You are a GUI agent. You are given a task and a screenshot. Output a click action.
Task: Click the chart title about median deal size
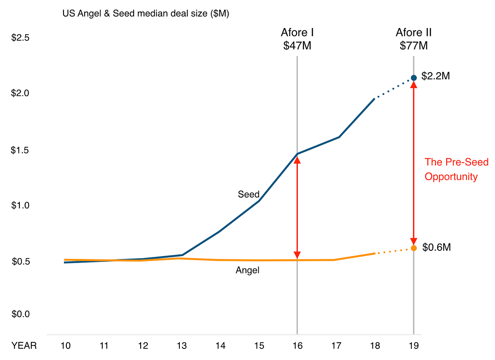[146, 14]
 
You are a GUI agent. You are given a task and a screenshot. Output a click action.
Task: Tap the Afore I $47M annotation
[297, 39]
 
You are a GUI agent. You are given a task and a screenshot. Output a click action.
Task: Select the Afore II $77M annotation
[413, 39]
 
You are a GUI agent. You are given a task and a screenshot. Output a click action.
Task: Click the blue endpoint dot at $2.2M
[413, 78]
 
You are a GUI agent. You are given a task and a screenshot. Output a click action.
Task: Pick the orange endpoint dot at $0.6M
[413, 248]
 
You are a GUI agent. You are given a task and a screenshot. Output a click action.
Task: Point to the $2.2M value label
[436, 77]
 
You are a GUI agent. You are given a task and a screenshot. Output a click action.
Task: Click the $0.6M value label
[436, 247]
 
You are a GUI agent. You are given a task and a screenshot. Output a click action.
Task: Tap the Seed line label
[248, 194]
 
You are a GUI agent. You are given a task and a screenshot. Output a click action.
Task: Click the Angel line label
[247, 271]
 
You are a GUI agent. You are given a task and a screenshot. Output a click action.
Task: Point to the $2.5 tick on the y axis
[20, 38]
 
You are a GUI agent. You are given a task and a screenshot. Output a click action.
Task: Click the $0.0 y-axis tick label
[20, 314]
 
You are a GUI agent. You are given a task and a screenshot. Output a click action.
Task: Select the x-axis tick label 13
[181, 346]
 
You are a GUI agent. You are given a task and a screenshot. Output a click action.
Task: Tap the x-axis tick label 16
[297, 346]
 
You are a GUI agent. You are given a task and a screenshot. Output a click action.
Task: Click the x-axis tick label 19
[413, 346]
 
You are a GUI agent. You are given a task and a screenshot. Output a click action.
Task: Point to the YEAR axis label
[24, 346]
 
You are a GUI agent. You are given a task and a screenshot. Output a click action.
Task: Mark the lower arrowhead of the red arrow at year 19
[413, 241]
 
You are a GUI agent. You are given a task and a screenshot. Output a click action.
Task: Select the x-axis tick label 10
[65, 346]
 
